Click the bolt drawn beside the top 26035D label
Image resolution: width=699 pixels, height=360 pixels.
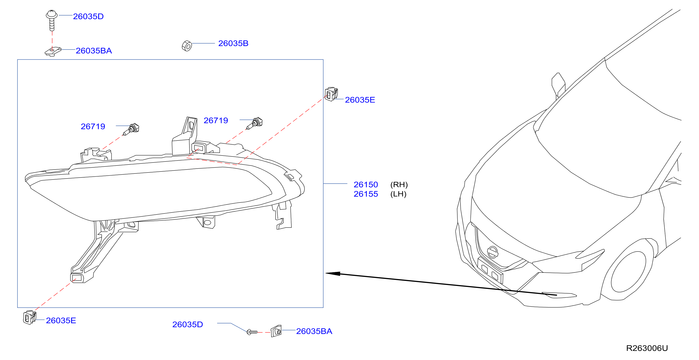click(x=52, y=20)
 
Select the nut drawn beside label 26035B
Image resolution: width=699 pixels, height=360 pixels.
click(x=187, y=46)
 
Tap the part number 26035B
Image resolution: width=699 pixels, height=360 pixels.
click(x=233, y=43)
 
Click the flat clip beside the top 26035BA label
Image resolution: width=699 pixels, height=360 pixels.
click(x=53, y=51)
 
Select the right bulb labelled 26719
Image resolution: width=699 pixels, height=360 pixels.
click(x=255, y=123)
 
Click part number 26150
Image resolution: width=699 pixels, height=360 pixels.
click(x=366, y=185)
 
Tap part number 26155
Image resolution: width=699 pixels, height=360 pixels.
click(x=366, y=194)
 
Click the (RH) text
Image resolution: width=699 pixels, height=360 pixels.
click(x=399, y=185)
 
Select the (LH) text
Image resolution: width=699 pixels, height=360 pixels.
click(x=398, y=194)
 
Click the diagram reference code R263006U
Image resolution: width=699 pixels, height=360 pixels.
click(x=647, y=348)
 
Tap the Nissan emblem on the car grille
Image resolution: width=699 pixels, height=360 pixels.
click(x=493, y=252)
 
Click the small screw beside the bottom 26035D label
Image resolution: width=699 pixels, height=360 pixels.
click(x=252, y=332)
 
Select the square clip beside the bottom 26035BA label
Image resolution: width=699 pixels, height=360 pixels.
click(x=276, y=331)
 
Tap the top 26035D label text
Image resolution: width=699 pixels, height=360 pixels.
click(x=88, y=16)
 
